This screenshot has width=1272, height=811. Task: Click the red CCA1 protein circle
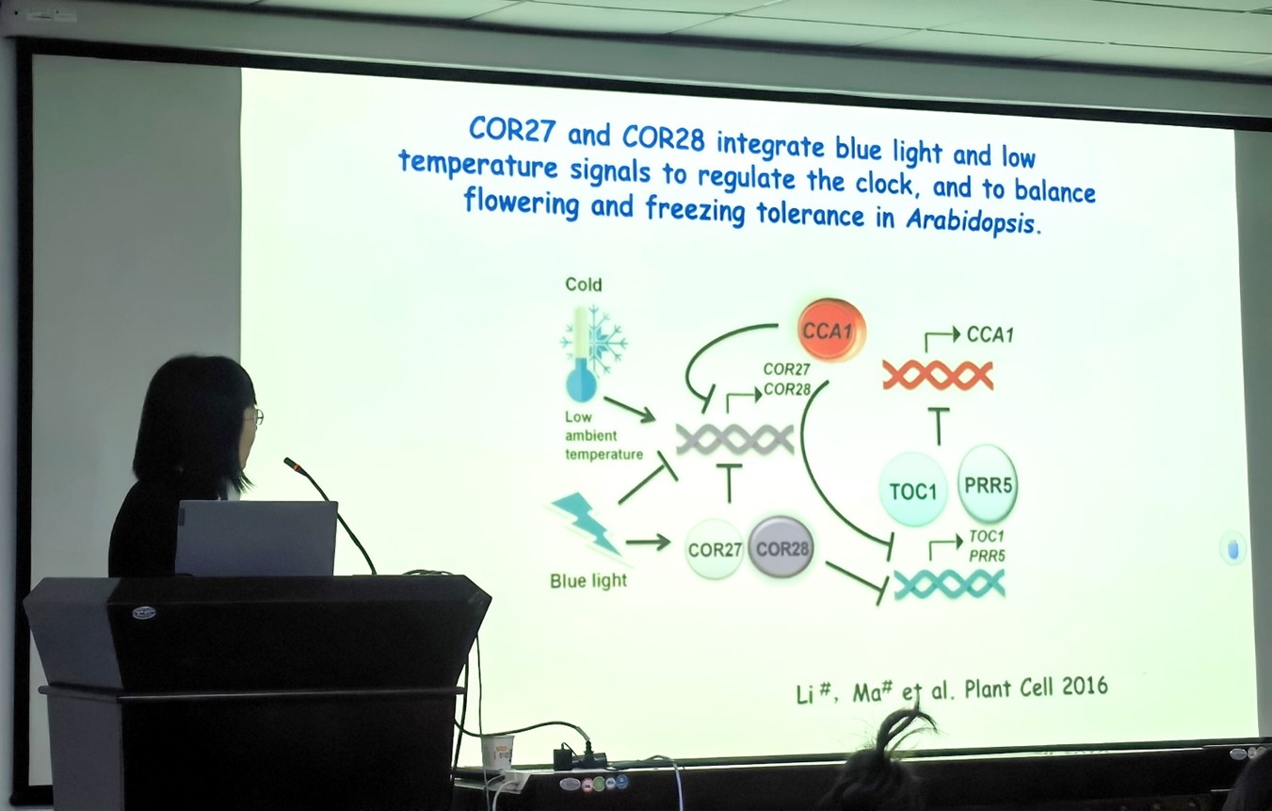point(831,330)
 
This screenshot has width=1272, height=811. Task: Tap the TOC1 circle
point(912,490)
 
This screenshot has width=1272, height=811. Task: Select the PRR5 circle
point(988,484)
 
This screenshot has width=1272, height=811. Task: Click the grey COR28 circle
point(781,547)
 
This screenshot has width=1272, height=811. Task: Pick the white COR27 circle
point(714,548)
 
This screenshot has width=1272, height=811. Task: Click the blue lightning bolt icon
point(585,524)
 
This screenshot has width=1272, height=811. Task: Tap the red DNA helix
point(938,376)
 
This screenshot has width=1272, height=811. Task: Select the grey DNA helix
point(734,439)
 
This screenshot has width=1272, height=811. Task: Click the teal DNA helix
point(949,584)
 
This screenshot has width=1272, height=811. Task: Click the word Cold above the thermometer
point(583,284)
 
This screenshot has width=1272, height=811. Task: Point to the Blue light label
point(588,580)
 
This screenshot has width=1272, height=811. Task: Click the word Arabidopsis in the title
point(973,221)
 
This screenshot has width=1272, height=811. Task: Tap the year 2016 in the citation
point(1085,686)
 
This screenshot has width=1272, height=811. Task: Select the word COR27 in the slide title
point(511,130)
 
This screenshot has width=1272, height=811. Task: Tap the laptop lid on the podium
point(256,538)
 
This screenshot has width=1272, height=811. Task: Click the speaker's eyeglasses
point(255,417)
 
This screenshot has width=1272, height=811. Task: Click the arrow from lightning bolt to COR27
point(648,543)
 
